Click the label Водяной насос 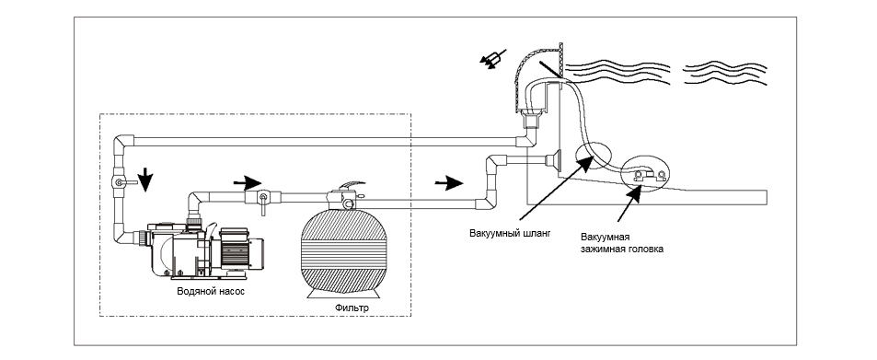click(211, 292)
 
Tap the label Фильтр click(352, 308)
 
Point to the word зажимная click(602, 250)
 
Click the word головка click(645, 250)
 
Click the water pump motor click(240, 250)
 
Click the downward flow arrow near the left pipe click(144, 180)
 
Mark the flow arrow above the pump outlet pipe click(248, 182)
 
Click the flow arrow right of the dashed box click(448, 182)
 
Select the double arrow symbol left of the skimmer click(492, 59)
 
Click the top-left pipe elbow click(125, 142)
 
